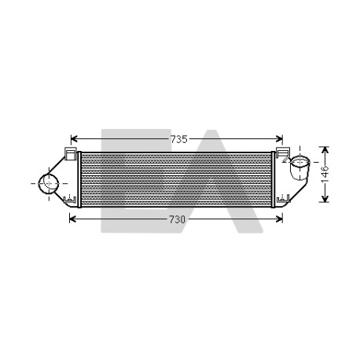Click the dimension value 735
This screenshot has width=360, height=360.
point(179,139)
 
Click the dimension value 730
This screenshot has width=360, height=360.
point(177,219)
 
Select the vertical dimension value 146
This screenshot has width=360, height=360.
point(325,174)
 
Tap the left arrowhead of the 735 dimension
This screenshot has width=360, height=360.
point(74,139)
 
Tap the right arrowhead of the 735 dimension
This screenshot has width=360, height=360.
point(279,139)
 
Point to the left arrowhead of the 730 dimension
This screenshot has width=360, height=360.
point(72,219)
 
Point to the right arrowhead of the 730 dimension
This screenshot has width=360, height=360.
point(279,219)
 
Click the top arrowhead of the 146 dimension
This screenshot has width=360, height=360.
point(325,150)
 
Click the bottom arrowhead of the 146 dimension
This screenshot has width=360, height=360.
point(325,199)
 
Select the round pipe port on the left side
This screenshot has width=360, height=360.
point(49,184)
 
